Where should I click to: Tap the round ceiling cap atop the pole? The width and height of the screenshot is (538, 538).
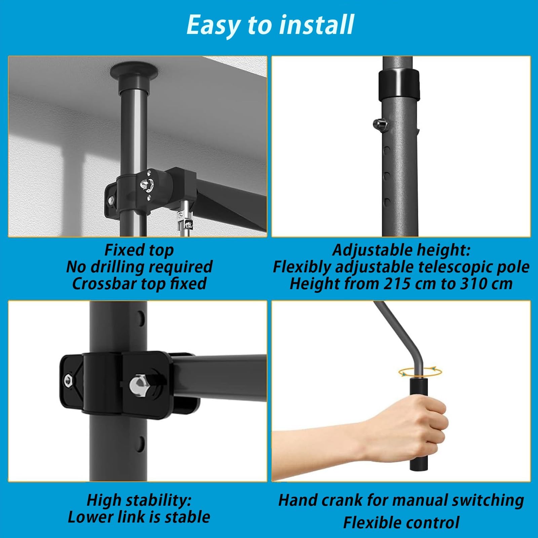coord(134,71)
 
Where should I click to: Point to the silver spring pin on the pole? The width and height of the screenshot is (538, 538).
coord(380,125)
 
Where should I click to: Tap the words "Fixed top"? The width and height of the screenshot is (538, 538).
coord(139,250)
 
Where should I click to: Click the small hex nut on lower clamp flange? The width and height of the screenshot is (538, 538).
coord(68,379)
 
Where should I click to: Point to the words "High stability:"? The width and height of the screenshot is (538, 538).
coord(139,500)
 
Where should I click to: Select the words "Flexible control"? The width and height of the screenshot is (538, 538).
coord(401,523)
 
